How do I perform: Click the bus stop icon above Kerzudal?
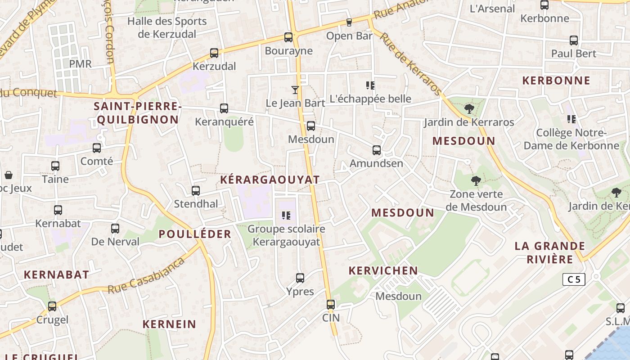click(214, 53)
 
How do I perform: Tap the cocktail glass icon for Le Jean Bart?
click(295, 90)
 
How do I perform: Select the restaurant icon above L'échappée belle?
click(370, 85)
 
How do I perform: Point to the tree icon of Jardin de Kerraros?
click(469, 109)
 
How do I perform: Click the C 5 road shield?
click(574, 279)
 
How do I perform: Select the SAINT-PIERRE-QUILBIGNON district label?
click(138, 113)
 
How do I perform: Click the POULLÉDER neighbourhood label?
click(195, 234)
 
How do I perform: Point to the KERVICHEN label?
click(383, 270)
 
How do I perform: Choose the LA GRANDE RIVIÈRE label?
click(550, 252)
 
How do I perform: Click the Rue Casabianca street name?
click(147, 276)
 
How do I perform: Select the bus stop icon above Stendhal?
click(196, 191)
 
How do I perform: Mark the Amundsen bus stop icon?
click(377, 150)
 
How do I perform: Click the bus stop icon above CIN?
click(331, 305)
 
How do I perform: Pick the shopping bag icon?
click(8, 175)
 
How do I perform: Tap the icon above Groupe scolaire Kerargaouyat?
click(286, 216)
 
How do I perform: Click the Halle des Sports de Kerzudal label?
click(167, 27)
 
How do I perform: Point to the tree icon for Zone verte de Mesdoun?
click(476, 181)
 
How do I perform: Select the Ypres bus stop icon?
click(300, 278)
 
